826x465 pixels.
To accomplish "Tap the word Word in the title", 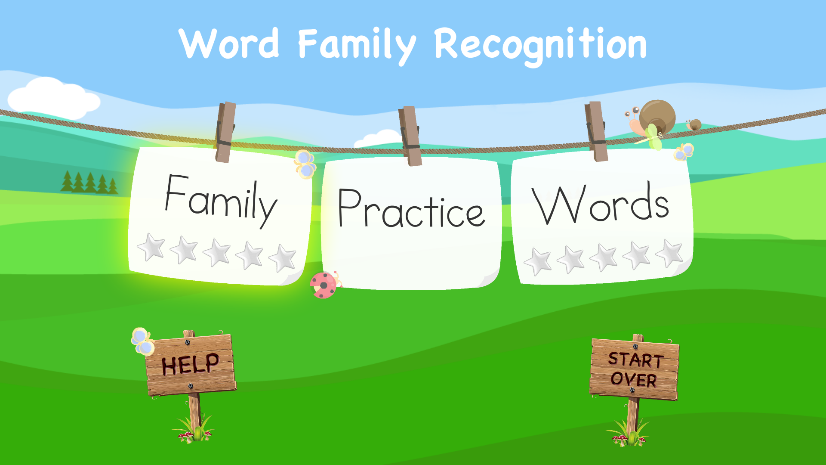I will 229,44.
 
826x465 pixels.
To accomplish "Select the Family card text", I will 221,200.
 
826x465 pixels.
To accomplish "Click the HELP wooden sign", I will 191,364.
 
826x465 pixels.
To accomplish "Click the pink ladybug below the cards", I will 324,285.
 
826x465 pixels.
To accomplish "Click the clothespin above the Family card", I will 225,132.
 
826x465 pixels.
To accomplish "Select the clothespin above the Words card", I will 596,131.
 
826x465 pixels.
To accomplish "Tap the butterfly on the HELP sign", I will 142,341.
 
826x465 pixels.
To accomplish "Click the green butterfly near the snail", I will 653,137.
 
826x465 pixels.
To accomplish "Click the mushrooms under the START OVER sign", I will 620,440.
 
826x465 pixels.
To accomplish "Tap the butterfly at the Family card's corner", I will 305,164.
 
